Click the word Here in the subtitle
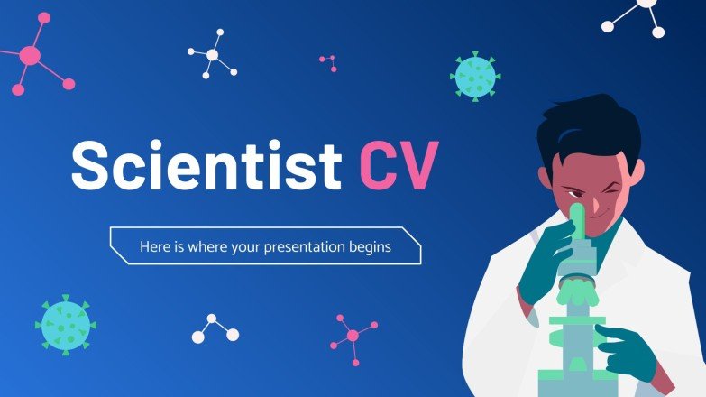coord(155,246)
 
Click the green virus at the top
coord(475,76)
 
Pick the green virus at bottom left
coord(65,322)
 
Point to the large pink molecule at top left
coord(31,58)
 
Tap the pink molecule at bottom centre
coord(351,335)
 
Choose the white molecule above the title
coord(212,57)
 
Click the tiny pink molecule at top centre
coord(328,62)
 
